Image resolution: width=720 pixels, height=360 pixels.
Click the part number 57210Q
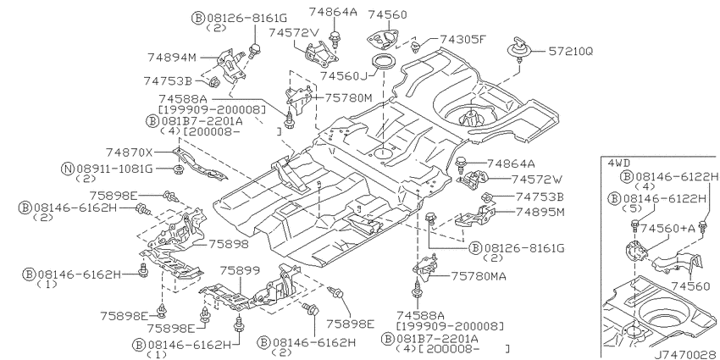click(571, 52)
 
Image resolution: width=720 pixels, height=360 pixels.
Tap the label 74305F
click(462, 39)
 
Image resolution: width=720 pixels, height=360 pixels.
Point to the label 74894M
click(172, 58)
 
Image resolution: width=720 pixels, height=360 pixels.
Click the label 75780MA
click(479, 276)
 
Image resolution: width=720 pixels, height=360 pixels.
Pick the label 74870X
click(130, 152)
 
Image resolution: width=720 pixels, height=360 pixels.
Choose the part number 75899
click(240, 269)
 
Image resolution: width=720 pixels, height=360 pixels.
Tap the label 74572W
click(536, 179)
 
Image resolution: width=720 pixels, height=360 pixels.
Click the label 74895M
click(540, 212)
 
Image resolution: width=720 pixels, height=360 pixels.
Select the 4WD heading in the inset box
click(618, 163)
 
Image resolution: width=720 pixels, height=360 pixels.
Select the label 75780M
click(348, 97)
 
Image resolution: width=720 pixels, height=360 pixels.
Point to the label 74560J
click(345, 75)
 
